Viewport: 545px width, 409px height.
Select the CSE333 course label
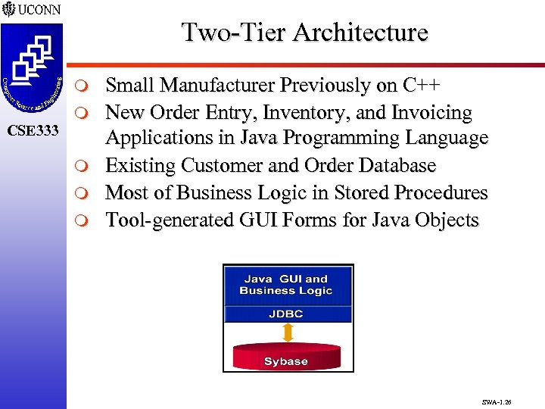pos(32,132)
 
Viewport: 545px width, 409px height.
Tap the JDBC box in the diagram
pos(287,313)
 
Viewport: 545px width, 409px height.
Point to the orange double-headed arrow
pos(287,333)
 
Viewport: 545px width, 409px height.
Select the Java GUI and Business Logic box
pos(287,285)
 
